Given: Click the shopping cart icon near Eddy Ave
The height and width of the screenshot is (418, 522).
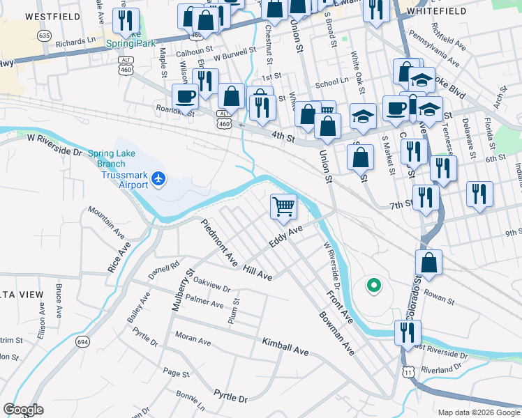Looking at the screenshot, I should tap(284, 206).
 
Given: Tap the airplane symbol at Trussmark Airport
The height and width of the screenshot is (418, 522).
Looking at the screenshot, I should tap(160, 179).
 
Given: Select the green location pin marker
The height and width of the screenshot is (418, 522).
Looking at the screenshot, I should tap(374, 285).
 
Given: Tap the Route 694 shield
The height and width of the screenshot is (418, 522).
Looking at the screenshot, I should tap(83, 341).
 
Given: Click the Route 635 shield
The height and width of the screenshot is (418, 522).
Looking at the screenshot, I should tap(45, 35).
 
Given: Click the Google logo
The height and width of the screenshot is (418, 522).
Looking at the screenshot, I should tap(23, 410).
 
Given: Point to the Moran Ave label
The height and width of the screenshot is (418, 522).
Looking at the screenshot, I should tap(193, 339).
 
